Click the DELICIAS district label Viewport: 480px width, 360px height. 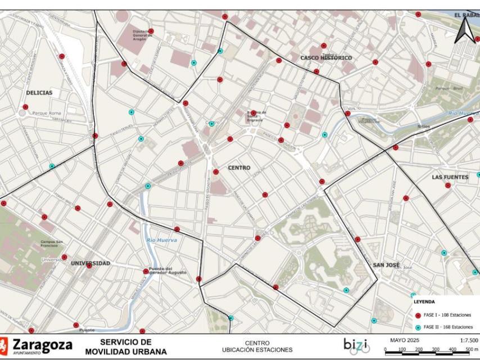39,93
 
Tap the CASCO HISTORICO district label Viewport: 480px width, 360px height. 326,58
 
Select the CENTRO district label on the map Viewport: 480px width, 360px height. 239,168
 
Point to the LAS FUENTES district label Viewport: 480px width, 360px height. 450,177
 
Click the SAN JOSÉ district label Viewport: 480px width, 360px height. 386,264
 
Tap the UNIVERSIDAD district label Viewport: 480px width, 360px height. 90,263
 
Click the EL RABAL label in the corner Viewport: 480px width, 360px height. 466,15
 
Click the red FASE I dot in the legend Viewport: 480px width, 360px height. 418,315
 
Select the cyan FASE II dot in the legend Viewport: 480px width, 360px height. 418,327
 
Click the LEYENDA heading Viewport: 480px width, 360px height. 424,302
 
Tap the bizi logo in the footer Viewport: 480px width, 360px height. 356,345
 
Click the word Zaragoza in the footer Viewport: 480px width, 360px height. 43,343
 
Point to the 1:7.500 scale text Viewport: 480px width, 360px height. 469,340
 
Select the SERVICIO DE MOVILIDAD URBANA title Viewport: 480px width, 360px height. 126,346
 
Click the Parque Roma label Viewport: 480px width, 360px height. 46,113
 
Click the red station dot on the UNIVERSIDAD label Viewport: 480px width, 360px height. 89,265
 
